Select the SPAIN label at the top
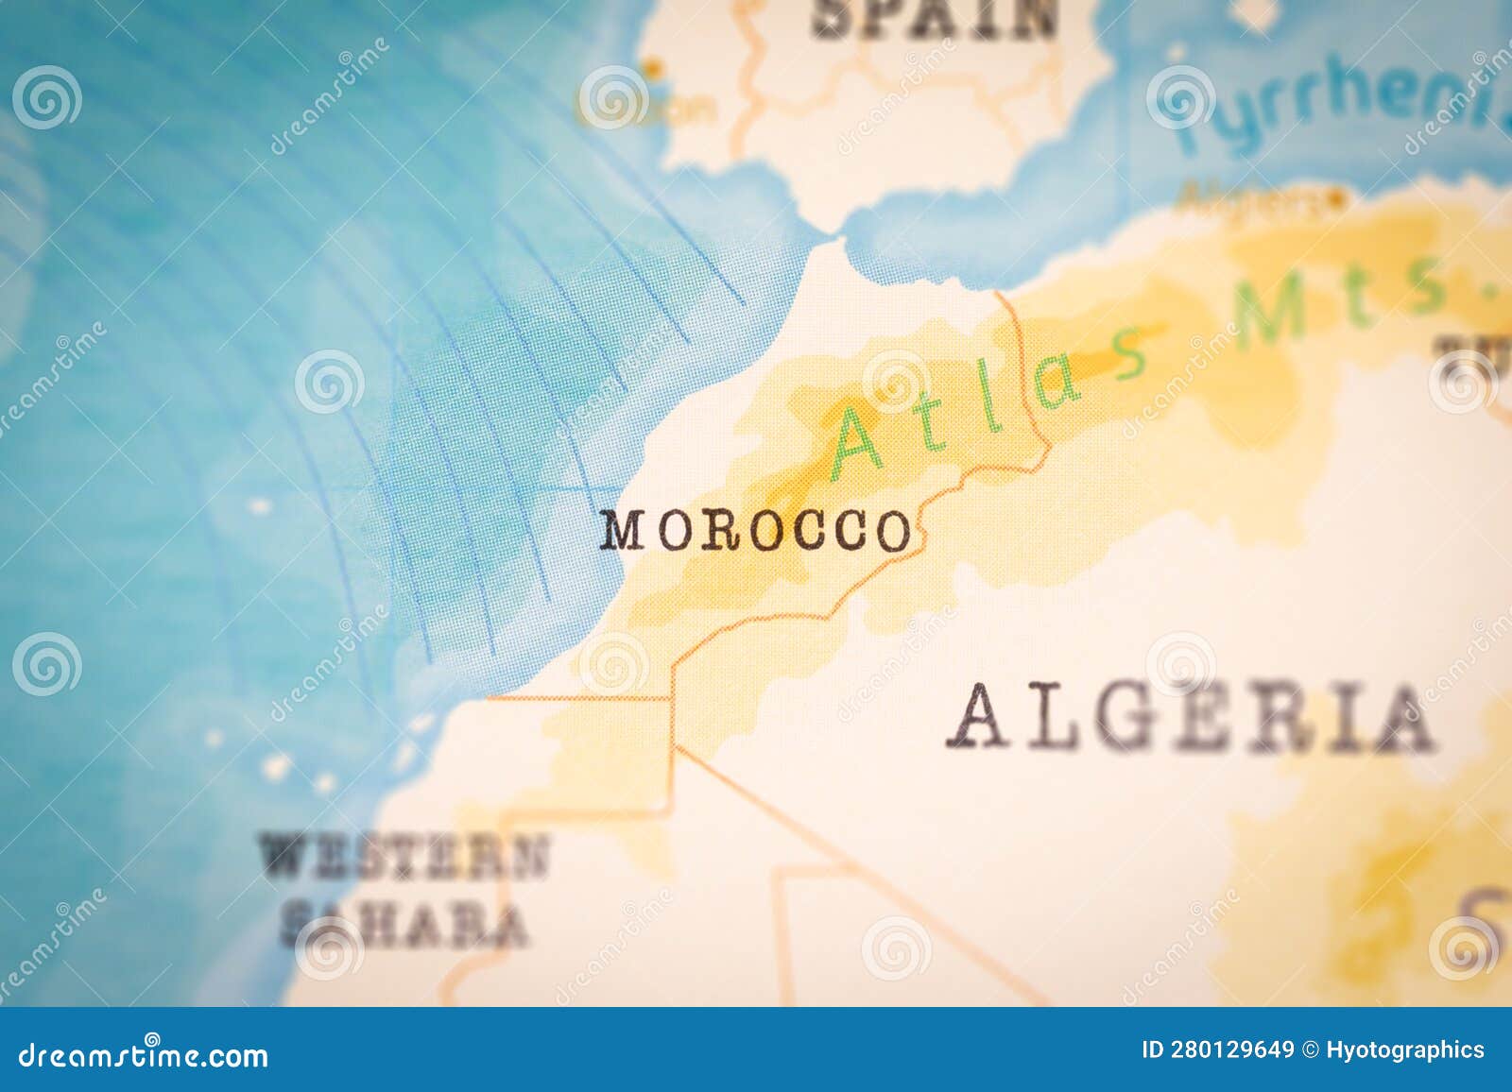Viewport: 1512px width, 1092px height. tap(935, 17)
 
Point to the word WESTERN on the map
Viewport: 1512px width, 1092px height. tap(404, 856)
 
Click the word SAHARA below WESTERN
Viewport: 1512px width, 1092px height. tap(404, 925)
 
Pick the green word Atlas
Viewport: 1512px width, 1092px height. tap(992, 397)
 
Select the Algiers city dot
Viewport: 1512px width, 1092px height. tap(1334, 199)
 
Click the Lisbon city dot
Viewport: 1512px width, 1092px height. tap(652, 67)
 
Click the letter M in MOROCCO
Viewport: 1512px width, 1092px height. tap(624, 531)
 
